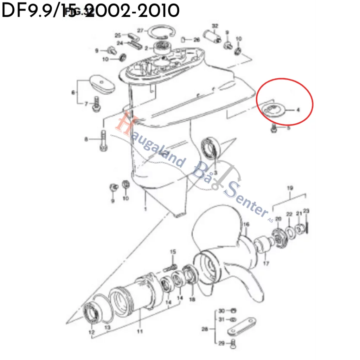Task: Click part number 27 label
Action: (x=140, y=30)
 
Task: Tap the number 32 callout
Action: (x=215, y=26)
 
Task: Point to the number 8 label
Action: (x=86, y=139)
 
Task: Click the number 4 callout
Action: (x=298, y=110)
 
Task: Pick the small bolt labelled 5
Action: (x=274, y=129)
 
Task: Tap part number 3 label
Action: (x=216, y=172)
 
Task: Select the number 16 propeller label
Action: (x=246, y=224)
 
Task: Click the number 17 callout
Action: (x=266, y=263)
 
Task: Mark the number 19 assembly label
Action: (x=290, y=188)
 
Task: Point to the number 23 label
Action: (x=306, y=211)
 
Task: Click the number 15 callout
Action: (x=173, y=252)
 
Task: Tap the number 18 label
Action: (x=192, y=299)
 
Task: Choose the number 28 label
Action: (x=205, y=329)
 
